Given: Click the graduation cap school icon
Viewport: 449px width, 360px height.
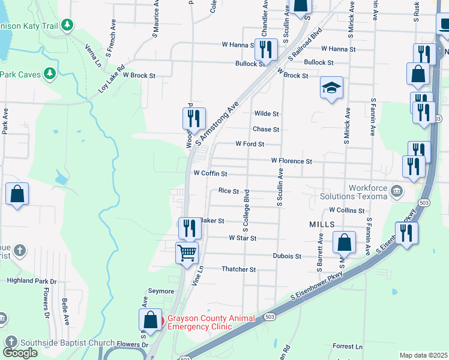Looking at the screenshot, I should click(331, 88).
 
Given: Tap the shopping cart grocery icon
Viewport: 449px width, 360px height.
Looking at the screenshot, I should click(187, 253).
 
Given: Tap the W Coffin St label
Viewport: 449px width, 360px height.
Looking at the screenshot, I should click(210, 173).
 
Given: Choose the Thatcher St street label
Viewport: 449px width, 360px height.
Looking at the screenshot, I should click(239, 269).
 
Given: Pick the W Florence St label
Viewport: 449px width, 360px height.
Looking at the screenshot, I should click(291, 161).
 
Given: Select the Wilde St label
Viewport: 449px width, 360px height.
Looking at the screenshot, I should click(267, 113).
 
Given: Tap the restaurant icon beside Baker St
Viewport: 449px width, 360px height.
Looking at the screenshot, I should click(189, 228).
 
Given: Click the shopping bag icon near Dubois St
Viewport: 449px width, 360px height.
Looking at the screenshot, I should click(344, 243).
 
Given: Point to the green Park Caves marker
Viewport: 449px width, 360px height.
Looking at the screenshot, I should click(49, 74).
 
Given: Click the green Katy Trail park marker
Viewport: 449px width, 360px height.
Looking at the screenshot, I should click(68, 25).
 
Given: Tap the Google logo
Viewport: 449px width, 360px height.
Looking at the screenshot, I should click(20, 353).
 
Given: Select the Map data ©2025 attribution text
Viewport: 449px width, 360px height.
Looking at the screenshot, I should click(423, 355).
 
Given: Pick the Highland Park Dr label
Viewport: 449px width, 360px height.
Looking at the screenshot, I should click(32, 280).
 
